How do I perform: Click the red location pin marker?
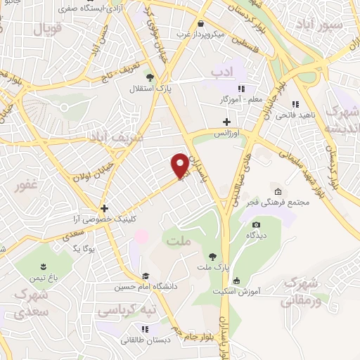click(180, 165)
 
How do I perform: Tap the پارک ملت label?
click(212, 269)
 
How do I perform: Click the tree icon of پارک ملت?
click(212, 256)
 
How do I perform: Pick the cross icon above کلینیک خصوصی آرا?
click(104, 208)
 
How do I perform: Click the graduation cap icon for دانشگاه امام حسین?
click(146, 276)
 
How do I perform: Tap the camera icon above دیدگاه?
click(256, 225)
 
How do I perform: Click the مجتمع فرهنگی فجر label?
click(278, 203)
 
